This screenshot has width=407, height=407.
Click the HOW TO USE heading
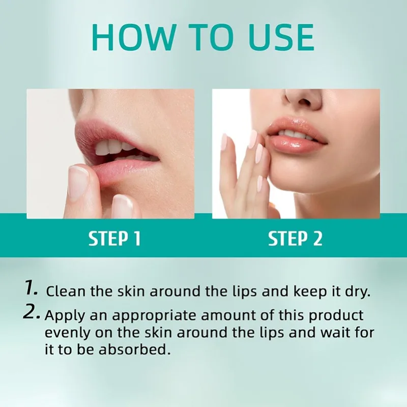[203, 37]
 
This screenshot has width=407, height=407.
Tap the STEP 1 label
[114, 239]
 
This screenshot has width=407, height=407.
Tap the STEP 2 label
[295, 239]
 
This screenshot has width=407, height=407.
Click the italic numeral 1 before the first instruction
[32, 289]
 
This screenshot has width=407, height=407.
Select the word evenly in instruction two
[65, 334]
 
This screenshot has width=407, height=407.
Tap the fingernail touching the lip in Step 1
[79, 181]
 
